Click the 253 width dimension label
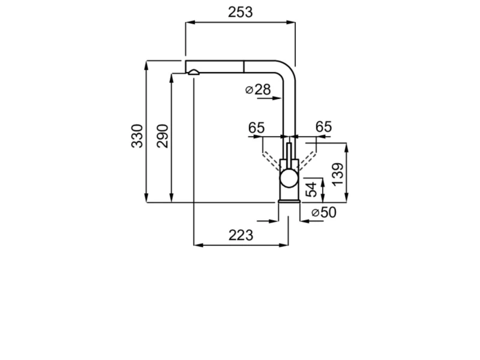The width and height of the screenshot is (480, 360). coord(241,12)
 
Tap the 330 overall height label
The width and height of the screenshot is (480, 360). coord(137,136)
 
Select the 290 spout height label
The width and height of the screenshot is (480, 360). coord(162,136)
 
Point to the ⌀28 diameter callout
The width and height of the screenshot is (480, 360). coord(258,89)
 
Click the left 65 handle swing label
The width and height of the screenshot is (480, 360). coord(256,127)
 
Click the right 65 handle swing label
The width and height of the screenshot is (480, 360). coord(323,127)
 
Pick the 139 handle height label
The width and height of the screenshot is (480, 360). coord(338,174)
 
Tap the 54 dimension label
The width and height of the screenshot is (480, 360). coord(312,190)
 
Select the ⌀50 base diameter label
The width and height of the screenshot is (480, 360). coord(323,212)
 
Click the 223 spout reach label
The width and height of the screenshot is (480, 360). coord(241,235)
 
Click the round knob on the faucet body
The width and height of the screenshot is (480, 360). coord(289,178)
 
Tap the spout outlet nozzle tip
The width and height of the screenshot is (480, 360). coord(193,73)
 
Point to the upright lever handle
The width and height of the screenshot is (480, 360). coord(289,155)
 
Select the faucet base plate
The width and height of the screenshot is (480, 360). coord(289,201)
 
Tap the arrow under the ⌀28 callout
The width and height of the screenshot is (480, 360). coord(269,98)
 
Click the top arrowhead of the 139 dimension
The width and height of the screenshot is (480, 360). coord(346,148)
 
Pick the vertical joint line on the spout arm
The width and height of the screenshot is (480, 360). coord(244,67)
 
